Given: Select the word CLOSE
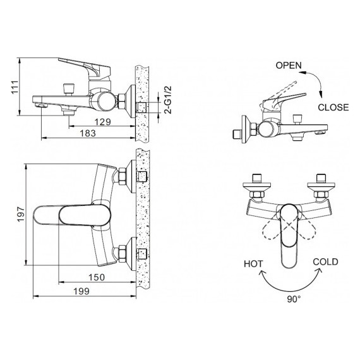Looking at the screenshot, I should pyautogui.click(x=333, y=107).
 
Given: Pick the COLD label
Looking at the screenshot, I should pyautogui.click(x=325, y=261).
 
